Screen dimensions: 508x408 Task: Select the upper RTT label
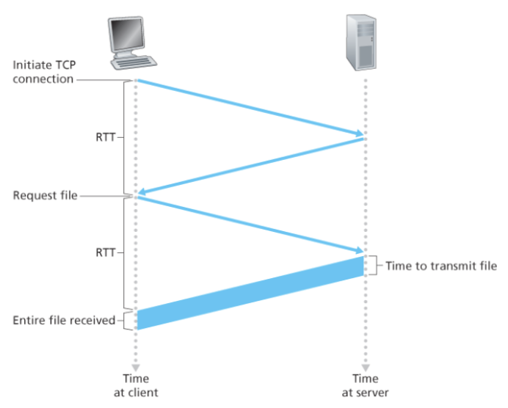point(104,137)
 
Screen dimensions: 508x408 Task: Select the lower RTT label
point(104,252)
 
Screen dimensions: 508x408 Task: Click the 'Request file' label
point(45,196)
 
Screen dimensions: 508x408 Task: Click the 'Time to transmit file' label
point(441,266)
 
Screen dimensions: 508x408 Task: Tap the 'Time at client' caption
point(136,385)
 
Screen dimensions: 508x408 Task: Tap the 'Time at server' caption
point(365,385)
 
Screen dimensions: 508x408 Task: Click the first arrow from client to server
point(250,107)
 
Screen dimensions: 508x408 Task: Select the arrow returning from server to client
point(250,166)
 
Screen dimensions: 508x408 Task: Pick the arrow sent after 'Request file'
point(250,224)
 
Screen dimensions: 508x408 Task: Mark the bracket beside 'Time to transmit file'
point(374,266)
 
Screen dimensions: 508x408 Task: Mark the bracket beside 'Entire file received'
point(128,320)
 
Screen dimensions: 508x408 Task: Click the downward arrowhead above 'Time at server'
point(364,364)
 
